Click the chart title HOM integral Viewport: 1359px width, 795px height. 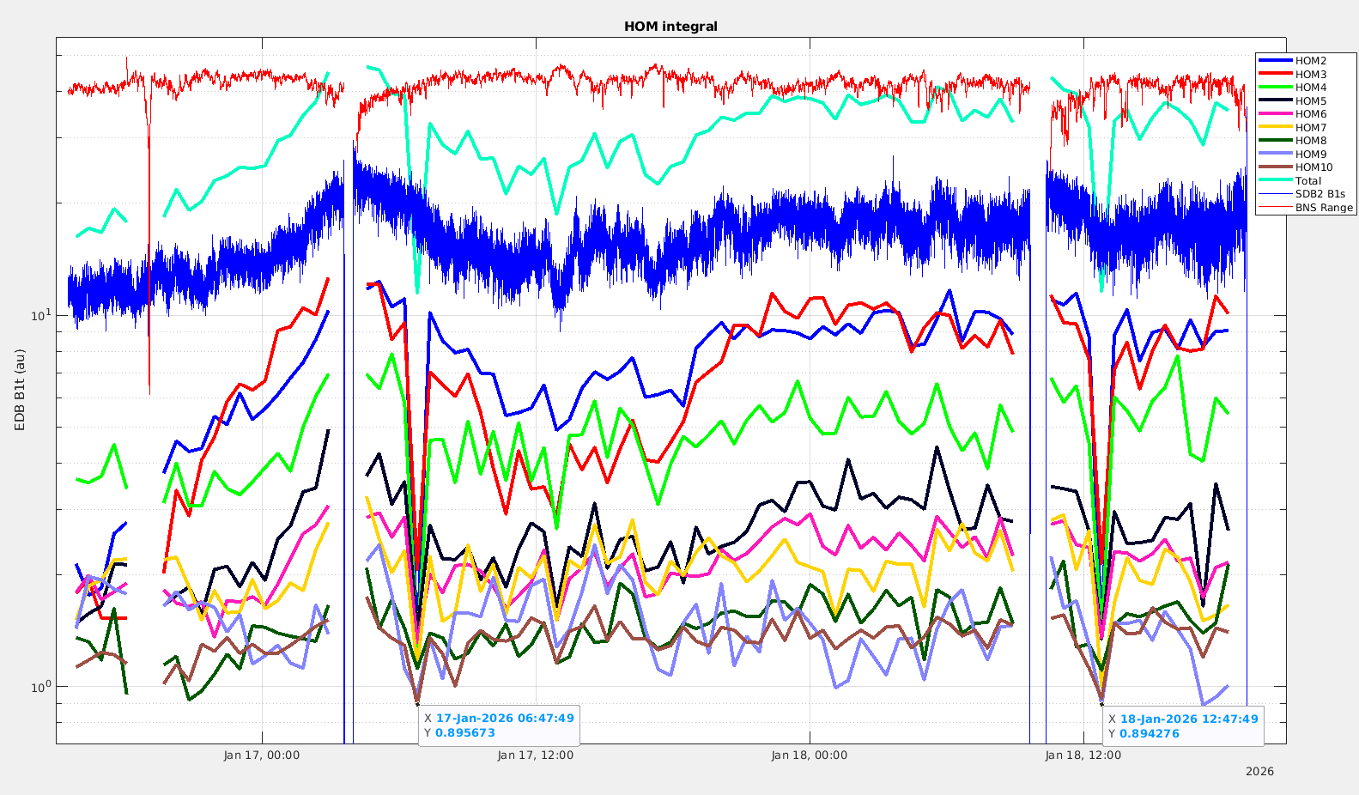click(x=670, y=27)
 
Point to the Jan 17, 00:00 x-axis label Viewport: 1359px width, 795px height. click(x=262, y=756)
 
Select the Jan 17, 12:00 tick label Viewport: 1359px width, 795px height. click(x=536, y=756)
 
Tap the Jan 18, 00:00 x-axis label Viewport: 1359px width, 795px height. click(x=810, y=756)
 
